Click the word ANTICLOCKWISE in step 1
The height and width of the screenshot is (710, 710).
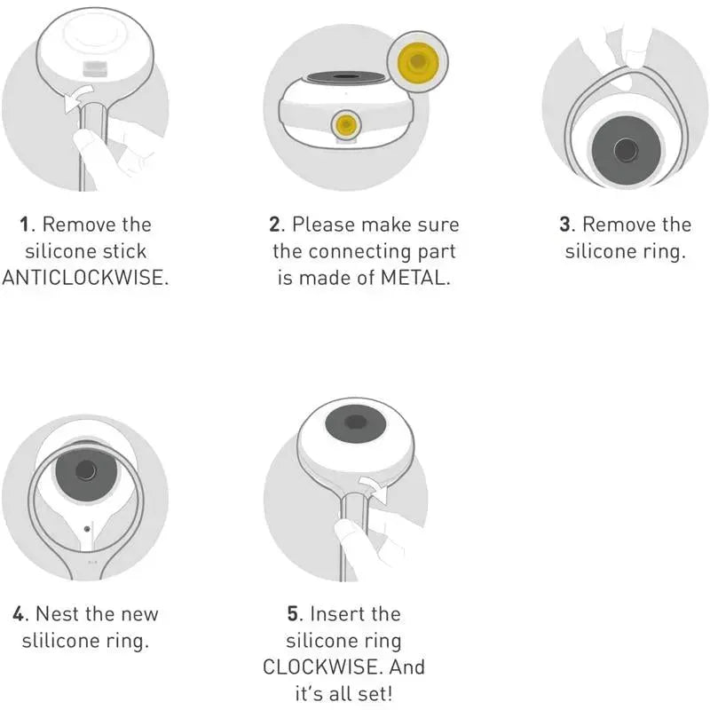click(x=84, y=277)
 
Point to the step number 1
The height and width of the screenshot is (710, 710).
click(x=25, y=225)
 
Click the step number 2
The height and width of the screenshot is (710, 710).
click(x=274, y=225)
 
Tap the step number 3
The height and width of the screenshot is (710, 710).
click(x=565, y=225)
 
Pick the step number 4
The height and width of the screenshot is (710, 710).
click(x=18, y=614)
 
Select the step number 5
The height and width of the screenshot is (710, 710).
click(x=294, y=614)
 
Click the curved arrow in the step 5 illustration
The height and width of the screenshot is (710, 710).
click(x=374, y=488)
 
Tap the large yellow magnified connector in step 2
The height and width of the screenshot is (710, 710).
click(x=417, y=61)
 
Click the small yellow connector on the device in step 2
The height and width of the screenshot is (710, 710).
click(x=346, y=124)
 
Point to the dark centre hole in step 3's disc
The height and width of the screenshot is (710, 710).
click(x=627, y=150)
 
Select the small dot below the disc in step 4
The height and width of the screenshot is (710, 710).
click(x=87, y=528)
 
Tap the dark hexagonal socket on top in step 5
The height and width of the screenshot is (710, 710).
click(x=356, y=422)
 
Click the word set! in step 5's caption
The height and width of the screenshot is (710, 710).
click(x=375, y=693)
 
